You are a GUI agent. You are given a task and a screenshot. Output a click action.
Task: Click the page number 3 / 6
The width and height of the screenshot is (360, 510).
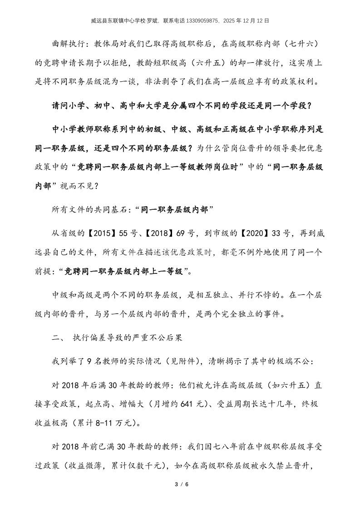tap(181, 484)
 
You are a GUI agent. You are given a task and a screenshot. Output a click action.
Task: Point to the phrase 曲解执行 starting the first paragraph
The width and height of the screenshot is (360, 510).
tap(67, 44)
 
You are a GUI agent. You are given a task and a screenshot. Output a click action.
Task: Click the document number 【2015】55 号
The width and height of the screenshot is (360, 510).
tap(109, 233)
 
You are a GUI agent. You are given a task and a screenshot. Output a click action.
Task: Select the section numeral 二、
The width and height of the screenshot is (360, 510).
tap(59, 337)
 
